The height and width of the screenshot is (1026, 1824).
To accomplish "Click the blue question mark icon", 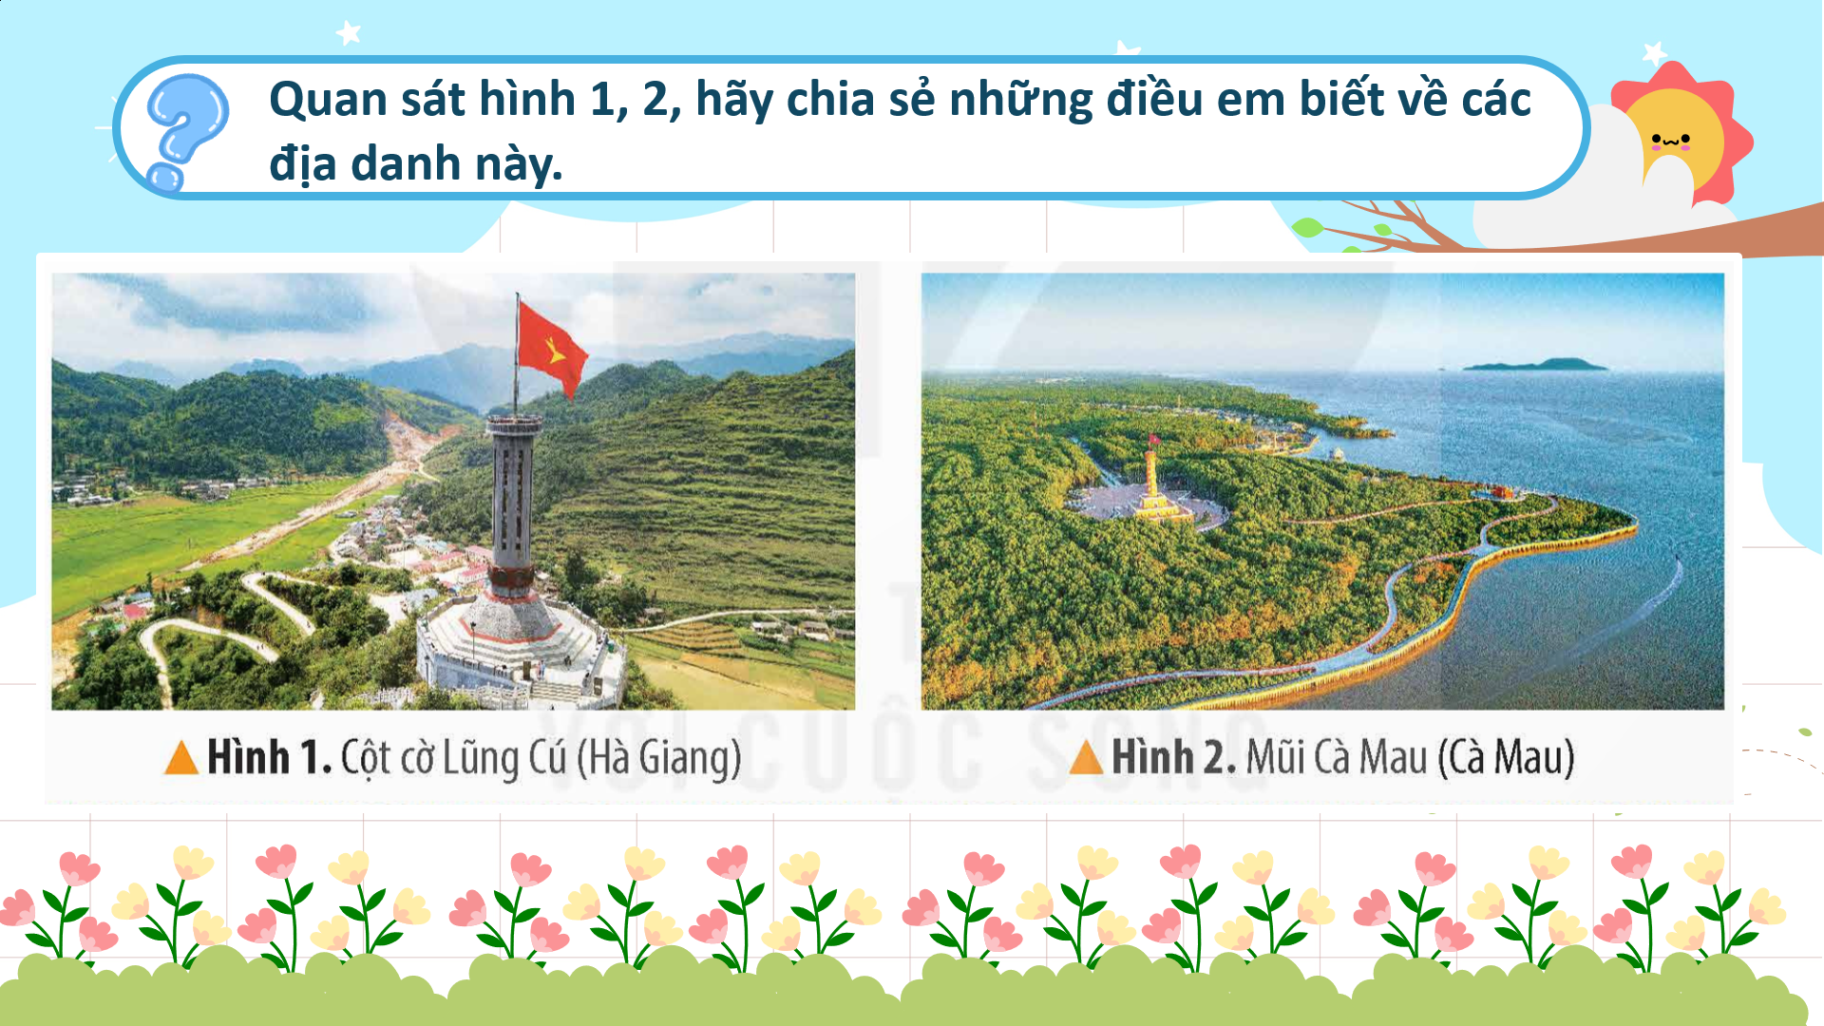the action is [186, 131].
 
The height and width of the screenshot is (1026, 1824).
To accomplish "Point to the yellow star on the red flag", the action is [555, 354].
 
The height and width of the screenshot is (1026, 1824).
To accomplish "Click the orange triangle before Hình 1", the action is [181, 757].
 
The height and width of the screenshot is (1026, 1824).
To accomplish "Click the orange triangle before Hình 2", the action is [1086, 757].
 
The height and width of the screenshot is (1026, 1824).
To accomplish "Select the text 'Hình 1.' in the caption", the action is [270, 757].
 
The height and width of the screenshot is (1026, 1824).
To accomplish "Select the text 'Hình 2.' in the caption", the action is [1174, 757].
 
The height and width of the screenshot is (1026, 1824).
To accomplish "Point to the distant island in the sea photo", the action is [1536, 364].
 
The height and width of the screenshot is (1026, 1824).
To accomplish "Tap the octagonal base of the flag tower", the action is [518, 651].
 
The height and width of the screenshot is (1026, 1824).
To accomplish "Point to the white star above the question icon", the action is [349, 33].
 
